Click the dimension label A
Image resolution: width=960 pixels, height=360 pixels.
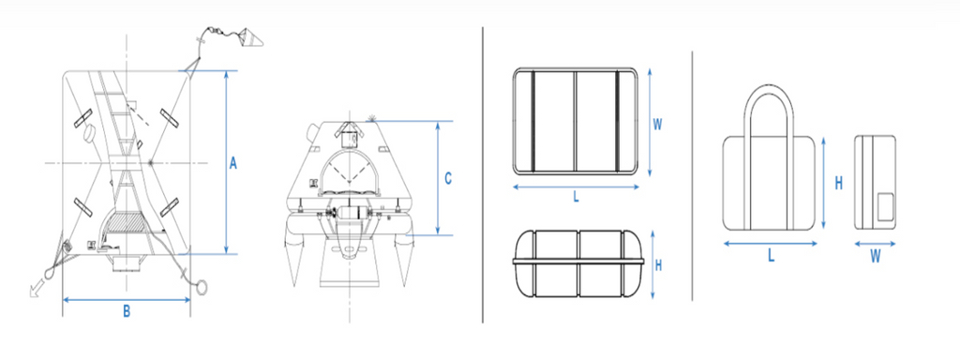click(233, 163)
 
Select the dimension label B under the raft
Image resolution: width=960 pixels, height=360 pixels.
click(127, 311)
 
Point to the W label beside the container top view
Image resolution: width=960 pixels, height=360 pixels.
click(657, 125)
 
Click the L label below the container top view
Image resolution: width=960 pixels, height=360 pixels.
click(576, 198)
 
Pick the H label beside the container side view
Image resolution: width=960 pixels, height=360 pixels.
click(659, 265)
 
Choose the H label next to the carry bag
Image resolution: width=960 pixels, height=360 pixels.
click(838, 183)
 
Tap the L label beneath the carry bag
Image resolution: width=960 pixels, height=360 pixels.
click(771, 257)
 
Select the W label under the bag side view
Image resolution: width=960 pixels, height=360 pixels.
click(876, 257)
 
